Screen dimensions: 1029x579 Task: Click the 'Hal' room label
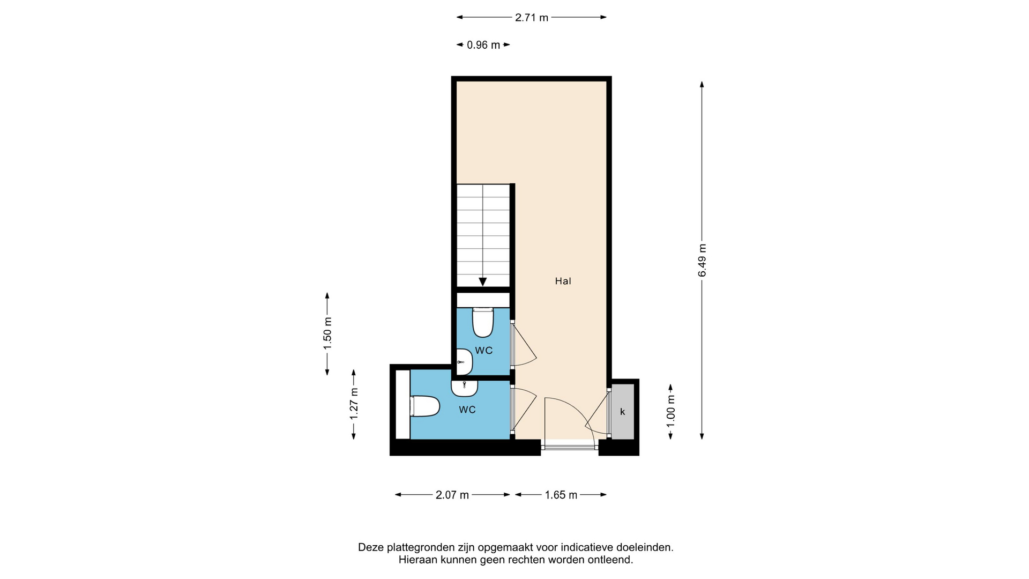[x=563, y=281]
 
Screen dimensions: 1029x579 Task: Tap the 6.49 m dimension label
[x=702, y=261]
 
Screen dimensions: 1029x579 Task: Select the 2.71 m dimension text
[x=532, y=18]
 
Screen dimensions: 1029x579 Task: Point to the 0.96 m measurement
[x=483, y=45]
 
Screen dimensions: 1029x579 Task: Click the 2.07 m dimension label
[x=452, y=495]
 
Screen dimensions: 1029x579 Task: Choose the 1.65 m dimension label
[x=561, y=495]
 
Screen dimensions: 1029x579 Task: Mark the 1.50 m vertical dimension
[x=327, y=333]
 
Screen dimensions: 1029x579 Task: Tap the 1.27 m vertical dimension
[x=354, y=404]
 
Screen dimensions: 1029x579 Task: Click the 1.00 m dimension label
[x=670, y=411]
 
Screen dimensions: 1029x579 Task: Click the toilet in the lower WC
[x=425, y=406]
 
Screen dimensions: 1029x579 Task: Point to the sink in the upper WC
[x=464, y=362]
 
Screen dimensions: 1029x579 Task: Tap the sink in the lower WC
[x=465, y=388]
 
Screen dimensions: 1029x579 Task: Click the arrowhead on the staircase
[x=483, y=281]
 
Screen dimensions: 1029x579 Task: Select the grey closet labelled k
[x=622, y=412]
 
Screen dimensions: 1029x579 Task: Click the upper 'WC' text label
[x=484, y=351]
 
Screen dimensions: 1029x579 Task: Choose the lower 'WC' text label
[x=467, y=410]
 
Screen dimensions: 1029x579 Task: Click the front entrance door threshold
[x=570, y=444]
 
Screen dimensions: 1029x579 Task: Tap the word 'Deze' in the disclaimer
[x=370, y=547]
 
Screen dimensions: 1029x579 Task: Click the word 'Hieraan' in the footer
[x=417, y=560]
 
